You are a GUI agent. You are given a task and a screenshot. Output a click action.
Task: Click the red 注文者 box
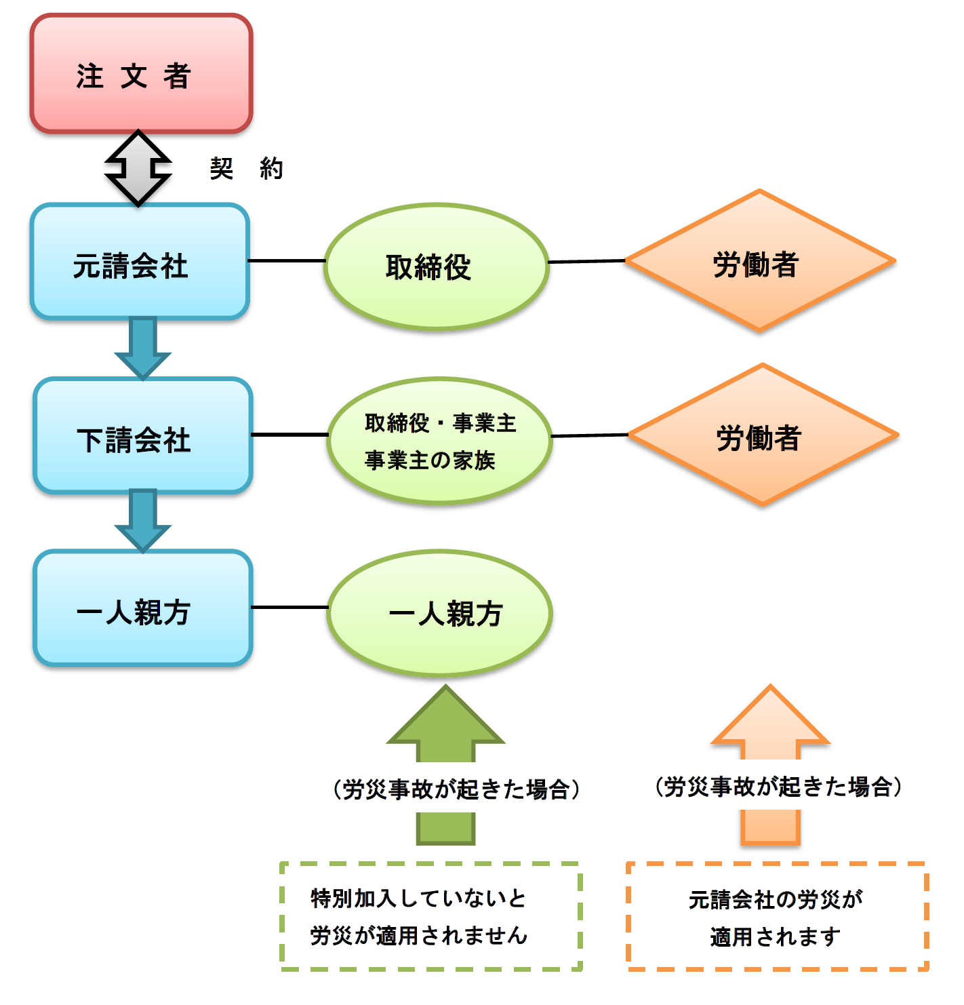coord(141,74)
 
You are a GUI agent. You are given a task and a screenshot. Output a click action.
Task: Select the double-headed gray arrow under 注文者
coord(138,167)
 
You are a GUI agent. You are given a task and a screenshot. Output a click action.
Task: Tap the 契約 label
coord(246,168)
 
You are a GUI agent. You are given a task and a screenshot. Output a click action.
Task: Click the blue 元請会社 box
coord(140,262)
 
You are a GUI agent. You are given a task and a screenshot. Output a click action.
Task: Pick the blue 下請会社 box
coord(142,436)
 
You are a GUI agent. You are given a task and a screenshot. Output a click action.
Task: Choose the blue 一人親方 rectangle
coord(142,608)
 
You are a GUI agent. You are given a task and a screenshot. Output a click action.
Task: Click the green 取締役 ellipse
coord(436,267)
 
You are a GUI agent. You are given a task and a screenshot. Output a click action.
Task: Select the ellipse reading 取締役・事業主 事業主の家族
coord(440,441)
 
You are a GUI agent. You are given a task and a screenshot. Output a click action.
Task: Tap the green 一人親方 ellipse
coord(440,613)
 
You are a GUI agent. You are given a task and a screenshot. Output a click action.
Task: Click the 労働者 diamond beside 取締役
coord(759,261)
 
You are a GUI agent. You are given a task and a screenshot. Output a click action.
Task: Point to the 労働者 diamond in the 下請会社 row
coord(763,435)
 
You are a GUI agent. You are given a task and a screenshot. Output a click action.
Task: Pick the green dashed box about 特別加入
coord(431,916)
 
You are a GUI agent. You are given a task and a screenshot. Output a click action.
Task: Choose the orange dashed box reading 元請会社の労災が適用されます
coord(777,916)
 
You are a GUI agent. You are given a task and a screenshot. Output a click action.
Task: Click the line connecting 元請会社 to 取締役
coord(287,260)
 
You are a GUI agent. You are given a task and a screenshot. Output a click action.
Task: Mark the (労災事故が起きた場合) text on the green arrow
coord(456,789)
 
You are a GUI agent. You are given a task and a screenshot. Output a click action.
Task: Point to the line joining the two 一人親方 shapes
coord(289,607)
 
